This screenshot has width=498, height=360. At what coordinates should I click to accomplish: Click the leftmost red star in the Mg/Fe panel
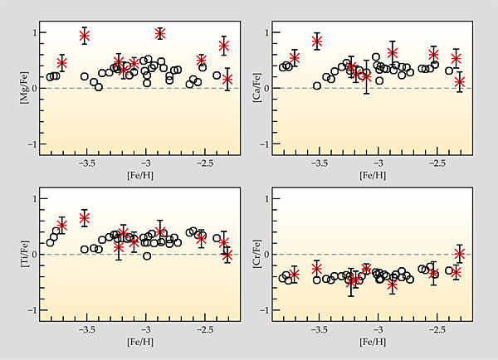pos(61,63)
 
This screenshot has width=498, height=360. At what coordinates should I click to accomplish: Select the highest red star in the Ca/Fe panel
pos(316,41)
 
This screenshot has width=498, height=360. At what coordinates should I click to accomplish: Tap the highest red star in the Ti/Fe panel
pos(85,218)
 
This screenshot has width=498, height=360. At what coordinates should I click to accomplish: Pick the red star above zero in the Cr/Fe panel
pos(460,253)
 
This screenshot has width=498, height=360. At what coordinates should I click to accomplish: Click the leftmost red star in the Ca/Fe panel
pos(294,58)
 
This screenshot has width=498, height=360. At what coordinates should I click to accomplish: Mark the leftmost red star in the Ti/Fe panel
pos(61,225)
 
